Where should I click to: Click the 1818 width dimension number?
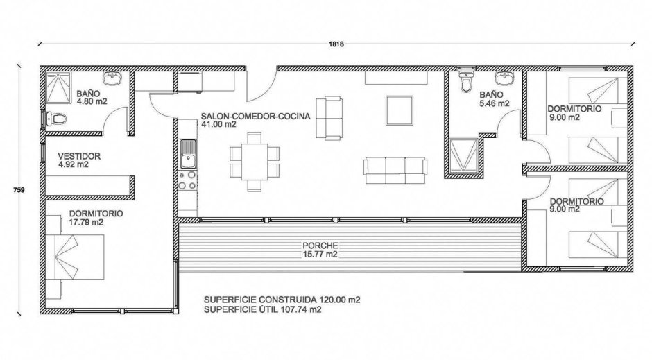(336, 44)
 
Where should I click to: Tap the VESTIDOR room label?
(79, 156)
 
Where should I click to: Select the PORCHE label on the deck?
(320, 246)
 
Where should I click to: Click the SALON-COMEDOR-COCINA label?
(255, 116)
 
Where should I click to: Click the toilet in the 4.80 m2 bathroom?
(56, 119)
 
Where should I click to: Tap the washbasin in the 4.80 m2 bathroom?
(112, 78)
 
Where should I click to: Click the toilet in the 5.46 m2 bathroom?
(467, 82)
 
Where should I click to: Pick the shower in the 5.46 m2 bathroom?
(463, 156)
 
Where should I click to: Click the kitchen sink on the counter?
(188, 154)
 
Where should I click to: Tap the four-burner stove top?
(187, 180)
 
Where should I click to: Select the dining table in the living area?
(255, 162)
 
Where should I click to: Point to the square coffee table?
(400, 110)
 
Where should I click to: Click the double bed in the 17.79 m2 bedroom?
(75, 257)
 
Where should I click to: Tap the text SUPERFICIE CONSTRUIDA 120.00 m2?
(282, 300)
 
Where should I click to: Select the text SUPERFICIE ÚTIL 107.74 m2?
(262, 309)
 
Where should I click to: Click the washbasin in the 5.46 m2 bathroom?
(504, 78)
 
